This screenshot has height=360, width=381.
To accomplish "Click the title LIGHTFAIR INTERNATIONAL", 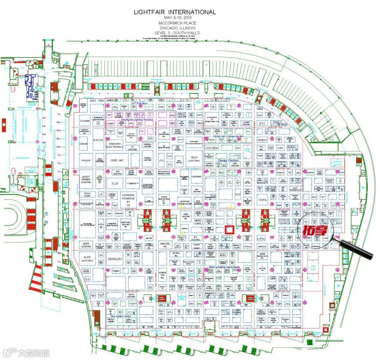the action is pyautogui.click(x=175, y=12).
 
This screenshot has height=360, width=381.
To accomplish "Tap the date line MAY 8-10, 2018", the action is pyautogui.click(x=175, y=18).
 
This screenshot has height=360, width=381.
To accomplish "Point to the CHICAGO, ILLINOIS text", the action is pyautogui.click(x=175, y=28).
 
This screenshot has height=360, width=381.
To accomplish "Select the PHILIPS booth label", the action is pyautogui.click(x=86, y=160).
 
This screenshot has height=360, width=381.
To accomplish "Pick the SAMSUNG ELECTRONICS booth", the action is pyautogui.click(x=115, y=145).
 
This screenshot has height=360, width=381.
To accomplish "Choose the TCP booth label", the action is pyautogui.click(x=114, y=184).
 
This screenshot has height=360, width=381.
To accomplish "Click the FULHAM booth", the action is pyautogui.click(x=85, y=121).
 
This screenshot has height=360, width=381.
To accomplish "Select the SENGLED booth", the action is pyautogui.click(x=115, y=259).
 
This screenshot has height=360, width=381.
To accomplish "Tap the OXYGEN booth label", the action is pyautogui.click(x=212, y=148).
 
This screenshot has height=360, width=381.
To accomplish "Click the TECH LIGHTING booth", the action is pyautogui.click(x=193, y=159).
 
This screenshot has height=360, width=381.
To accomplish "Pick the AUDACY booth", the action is pyautogui.click(x=262, y=140).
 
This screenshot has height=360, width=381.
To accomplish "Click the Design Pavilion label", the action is pyautogui.click(x=228, y=160).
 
